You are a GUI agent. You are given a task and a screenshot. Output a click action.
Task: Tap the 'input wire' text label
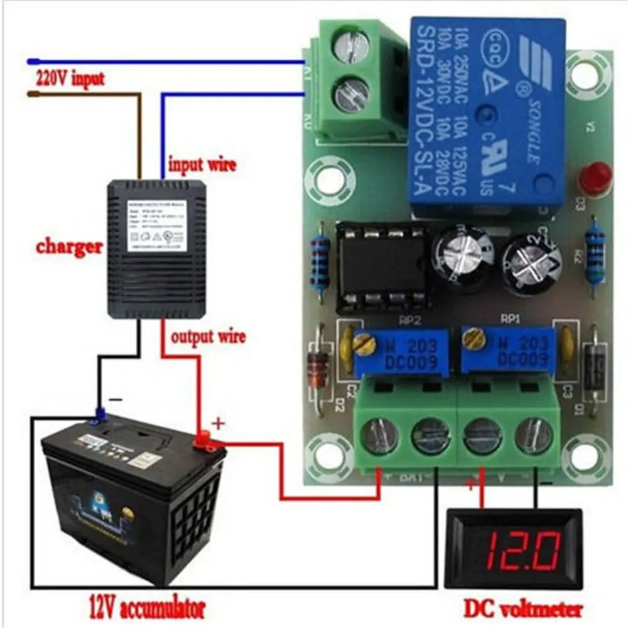[202, 165]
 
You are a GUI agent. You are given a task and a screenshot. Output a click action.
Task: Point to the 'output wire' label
[208, 337]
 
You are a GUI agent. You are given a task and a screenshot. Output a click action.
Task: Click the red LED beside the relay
[594, 178]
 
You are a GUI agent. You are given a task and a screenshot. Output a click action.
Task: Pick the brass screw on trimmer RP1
[474, 339]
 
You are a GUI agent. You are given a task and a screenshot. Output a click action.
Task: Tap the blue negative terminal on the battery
[98, 415]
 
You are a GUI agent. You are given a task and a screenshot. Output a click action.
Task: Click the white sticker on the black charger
[156, 227]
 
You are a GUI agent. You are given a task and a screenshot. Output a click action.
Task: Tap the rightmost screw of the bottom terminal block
[534, 435]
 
